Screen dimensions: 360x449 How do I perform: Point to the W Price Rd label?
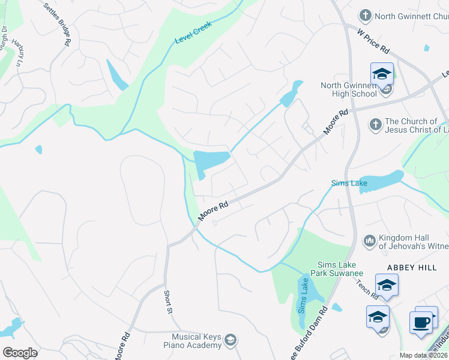point(373,41)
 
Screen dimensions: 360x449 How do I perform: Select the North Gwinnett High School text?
point(348,89)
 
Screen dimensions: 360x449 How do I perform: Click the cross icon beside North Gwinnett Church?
point(365,15)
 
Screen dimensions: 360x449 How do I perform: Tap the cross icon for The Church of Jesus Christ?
point(375,125)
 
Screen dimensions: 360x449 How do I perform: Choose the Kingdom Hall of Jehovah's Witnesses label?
point(413,242)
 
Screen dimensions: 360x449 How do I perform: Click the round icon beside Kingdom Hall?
point(369,241)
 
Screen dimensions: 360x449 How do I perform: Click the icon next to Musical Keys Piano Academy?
point(229,341)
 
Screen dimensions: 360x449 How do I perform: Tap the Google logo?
point(20,353)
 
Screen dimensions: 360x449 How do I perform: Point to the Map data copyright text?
point(424,356)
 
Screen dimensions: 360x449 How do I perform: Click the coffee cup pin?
point(421,322)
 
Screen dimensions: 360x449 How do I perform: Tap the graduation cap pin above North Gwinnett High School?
point(382,74)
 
